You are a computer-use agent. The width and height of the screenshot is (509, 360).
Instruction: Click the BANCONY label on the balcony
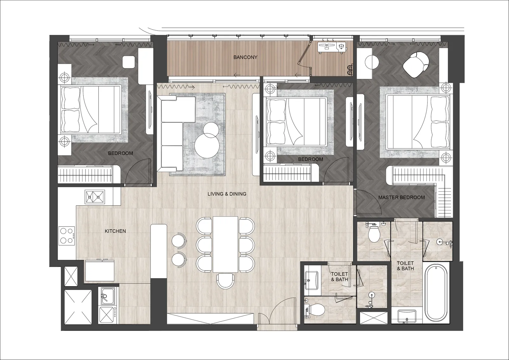coord(245,57)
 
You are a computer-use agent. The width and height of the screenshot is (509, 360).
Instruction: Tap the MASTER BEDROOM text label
coord(401,197)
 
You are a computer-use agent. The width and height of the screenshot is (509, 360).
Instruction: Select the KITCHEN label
coord(115,231)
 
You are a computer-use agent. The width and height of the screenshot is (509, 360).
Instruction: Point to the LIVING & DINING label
coord(227,194)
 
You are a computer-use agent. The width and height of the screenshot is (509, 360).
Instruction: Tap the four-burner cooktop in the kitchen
coord(66,236)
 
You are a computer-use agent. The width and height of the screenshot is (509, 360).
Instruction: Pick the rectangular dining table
coord(226,244)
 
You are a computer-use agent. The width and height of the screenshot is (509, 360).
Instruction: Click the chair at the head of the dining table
coord(225,281)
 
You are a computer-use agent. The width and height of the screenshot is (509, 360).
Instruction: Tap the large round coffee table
coord(207,145)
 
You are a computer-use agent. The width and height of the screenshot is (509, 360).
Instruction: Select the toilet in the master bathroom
coord(373,233)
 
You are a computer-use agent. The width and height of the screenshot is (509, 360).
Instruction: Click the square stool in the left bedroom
coord(129,62)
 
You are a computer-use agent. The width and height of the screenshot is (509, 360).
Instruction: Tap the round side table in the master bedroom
coord(372,62)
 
